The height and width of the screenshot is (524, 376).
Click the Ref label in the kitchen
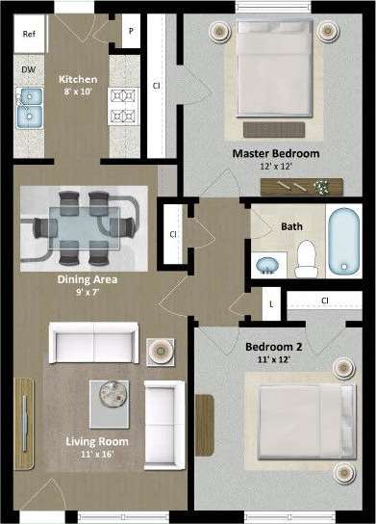click(29, 34)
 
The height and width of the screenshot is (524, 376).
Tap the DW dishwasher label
click(29, 70)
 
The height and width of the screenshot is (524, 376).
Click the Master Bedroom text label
click(275, 153)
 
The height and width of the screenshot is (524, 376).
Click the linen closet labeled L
click(271, 302)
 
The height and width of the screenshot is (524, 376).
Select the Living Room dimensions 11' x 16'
click(97, 455)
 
